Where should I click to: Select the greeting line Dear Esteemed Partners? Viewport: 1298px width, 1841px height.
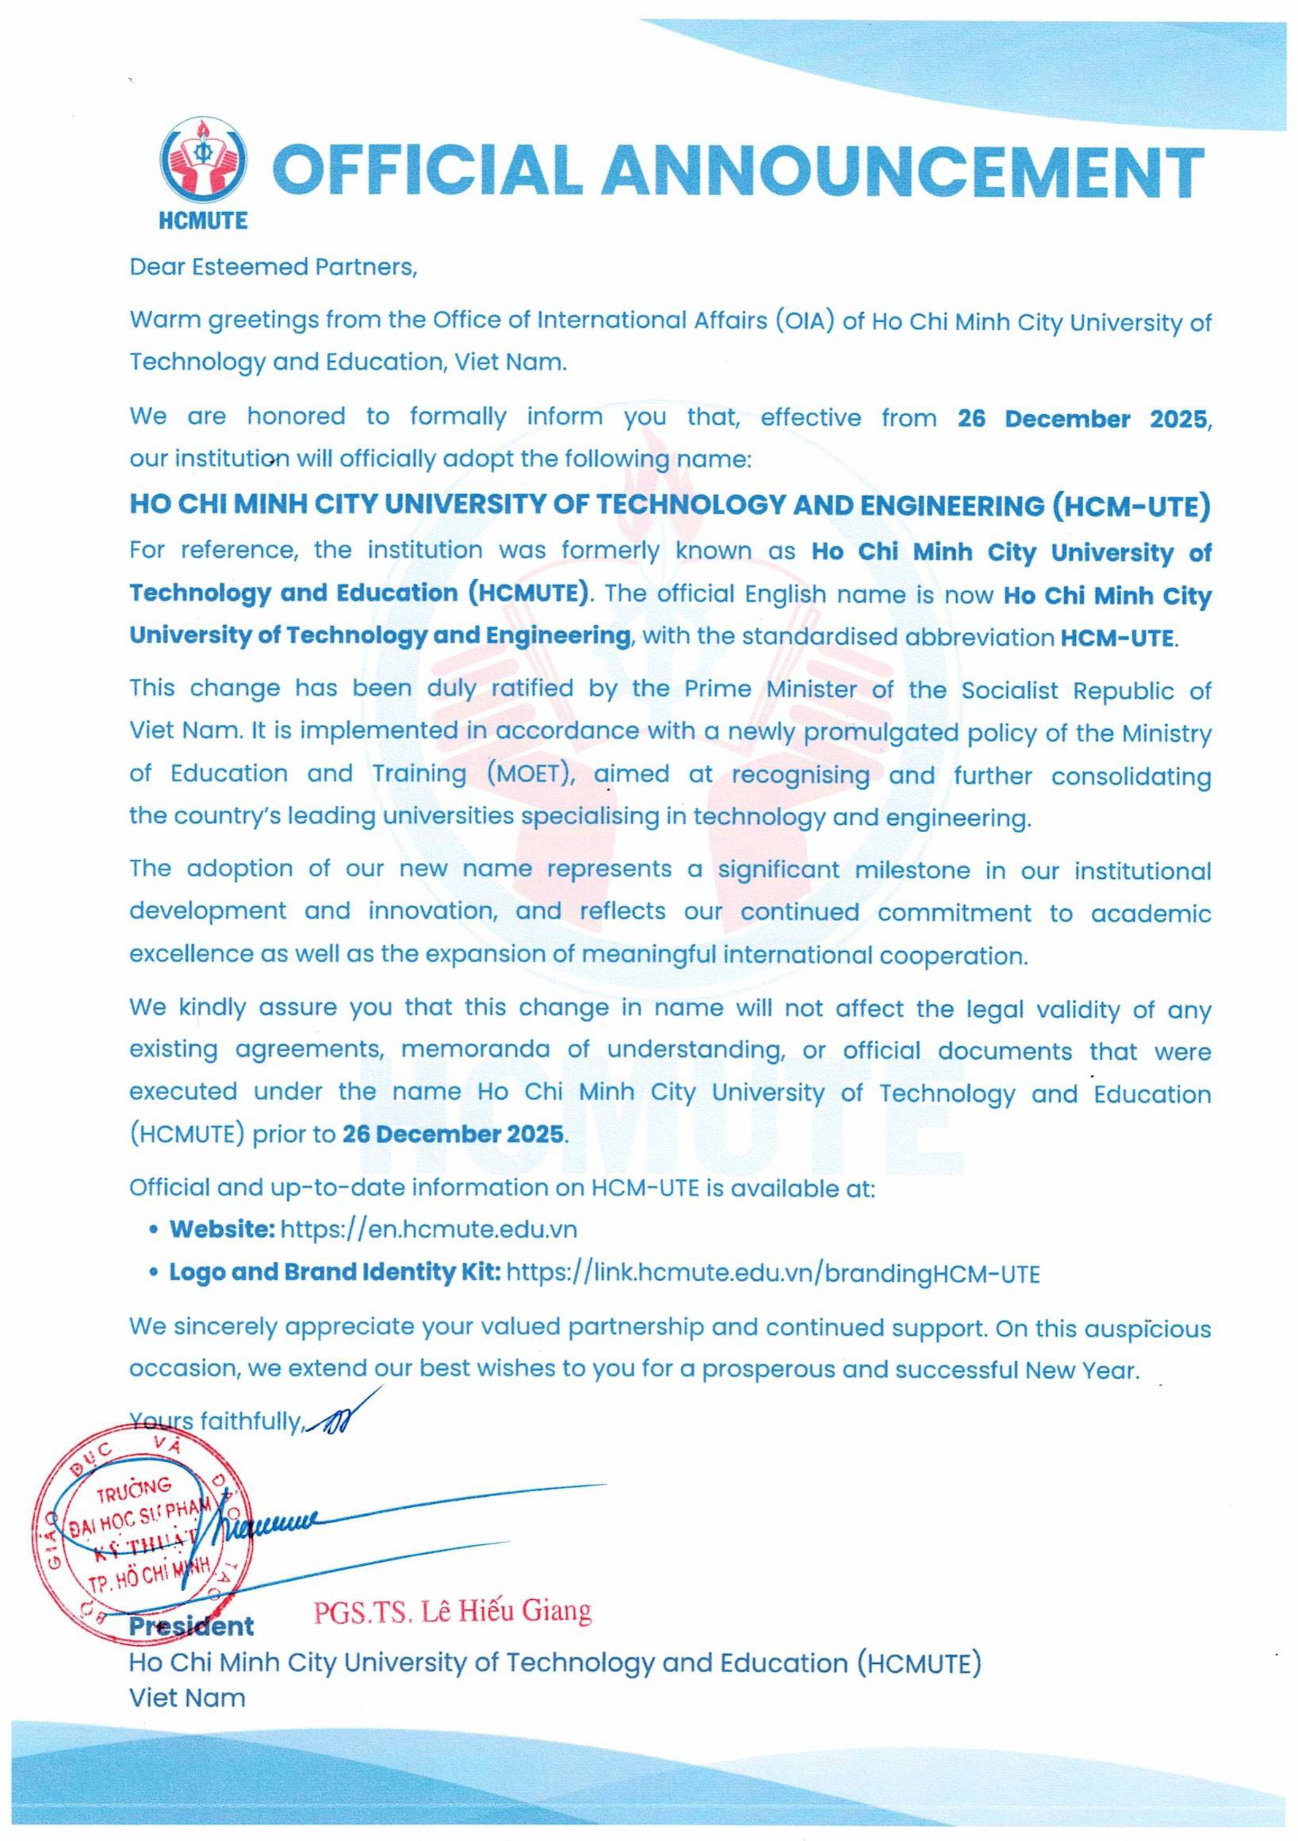click(273, 267)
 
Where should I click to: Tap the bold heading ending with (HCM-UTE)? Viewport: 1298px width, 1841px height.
click(670, 505)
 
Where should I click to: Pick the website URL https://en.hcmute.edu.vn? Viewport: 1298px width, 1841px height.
click(428, 1229)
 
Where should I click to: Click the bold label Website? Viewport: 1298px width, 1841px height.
click(222, 1229)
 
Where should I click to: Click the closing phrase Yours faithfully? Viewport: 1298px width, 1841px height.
click(216, 1421)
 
